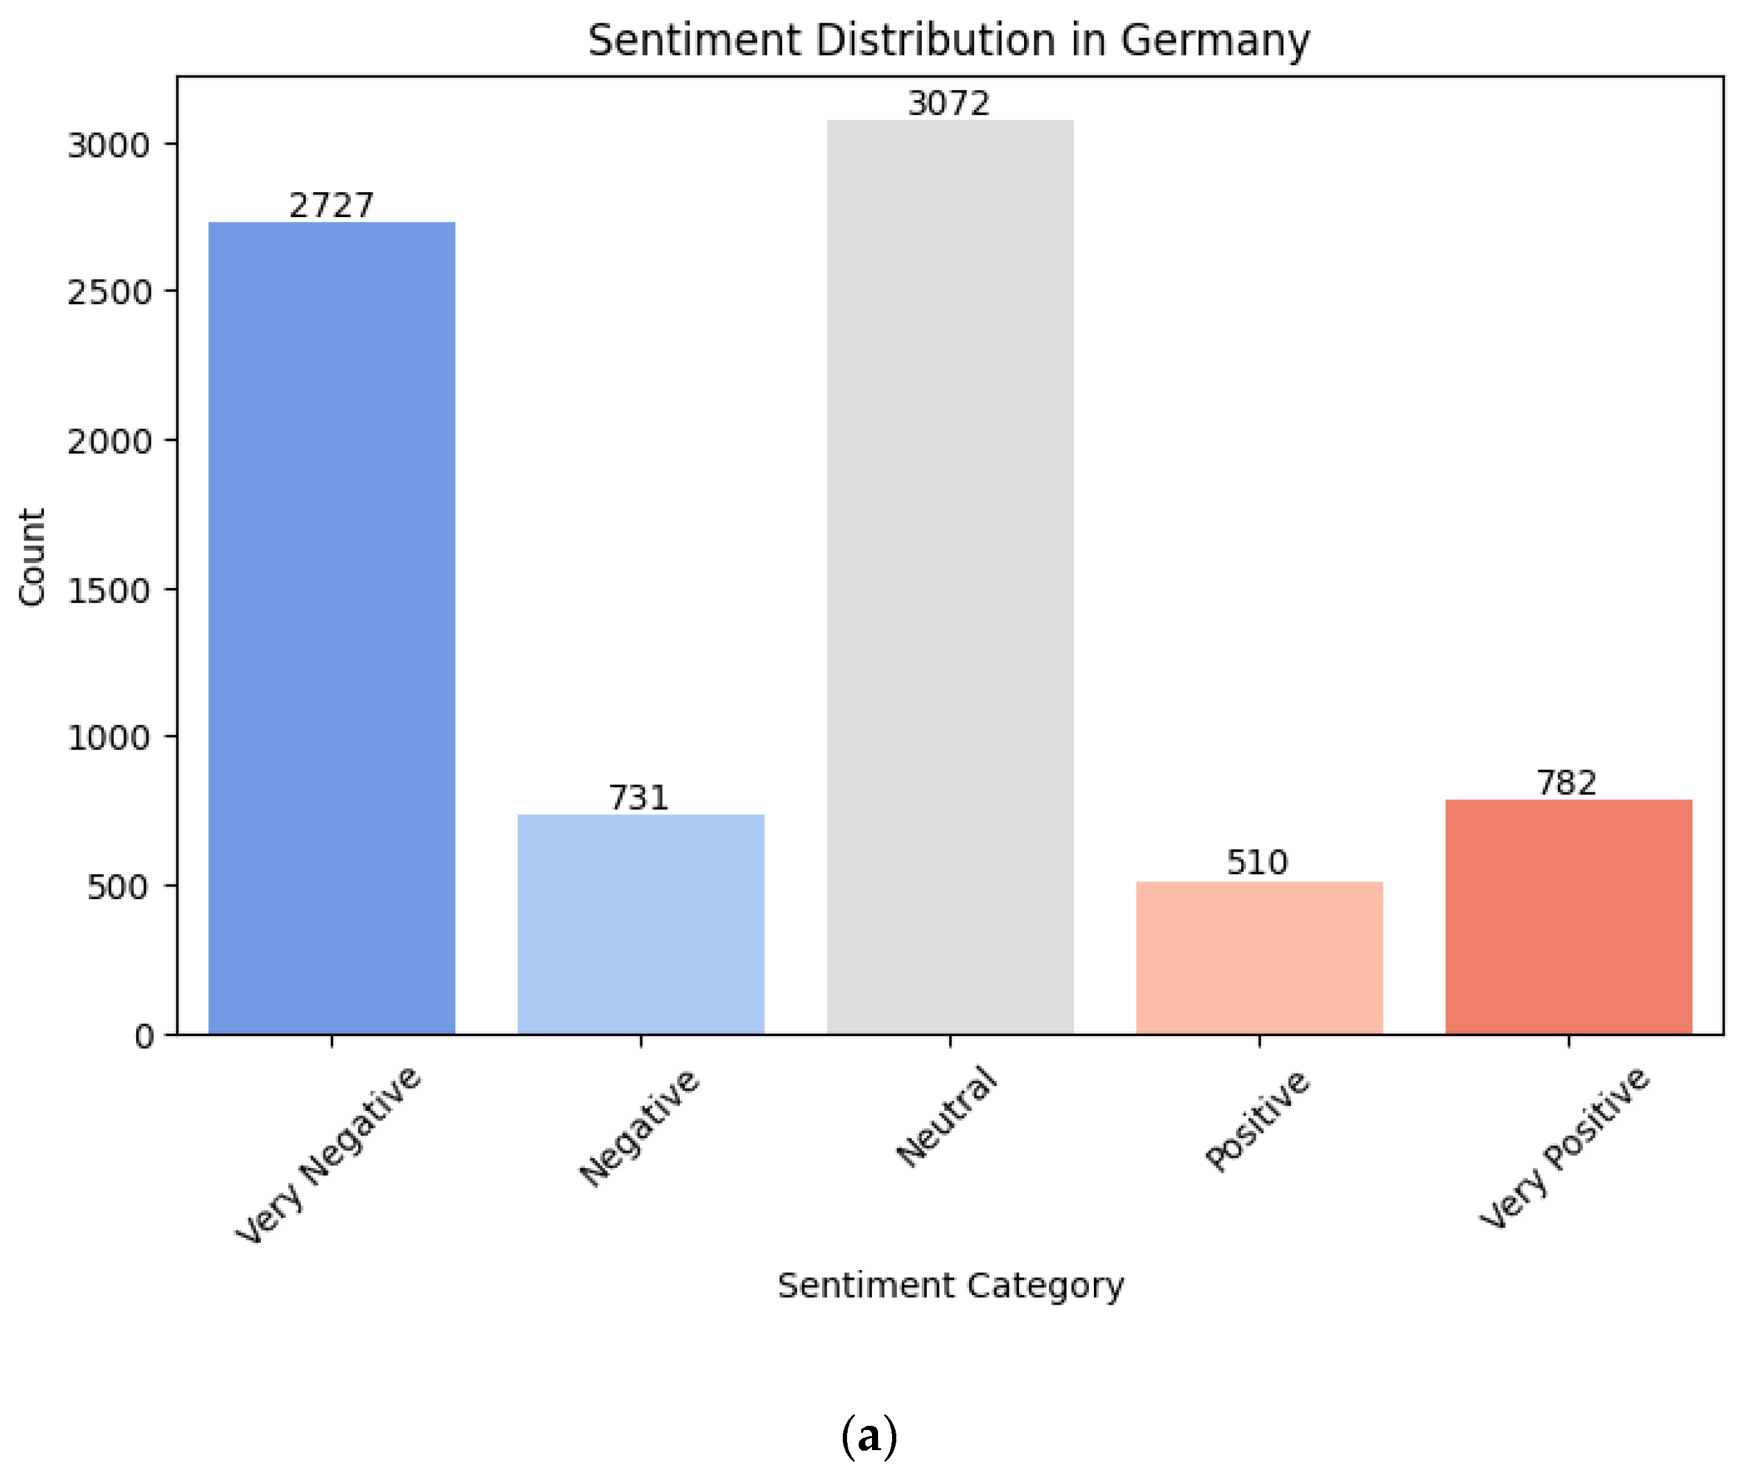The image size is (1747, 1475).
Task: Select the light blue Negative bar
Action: pos(640,924)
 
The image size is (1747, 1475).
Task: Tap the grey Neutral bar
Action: pos(950,577)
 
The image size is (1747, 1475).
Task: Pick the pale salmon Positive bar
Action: pos(1259,958)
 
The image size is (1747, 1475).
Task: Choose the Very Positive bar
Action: pos(1568,916)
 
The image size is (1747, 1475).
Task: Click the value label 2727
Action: pos(331,206)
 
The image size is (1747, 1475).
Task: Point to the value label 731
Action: pos(639,798)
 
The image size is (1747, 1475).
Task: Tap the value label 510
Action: pos(1257,862)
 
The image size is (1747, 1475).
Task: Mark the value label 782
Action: pos(1566,782)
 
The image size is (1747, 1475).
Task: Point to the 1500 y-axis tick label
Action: pos(109,591)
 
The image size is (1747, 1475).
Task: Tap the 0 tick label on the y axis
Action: pos(144,1037)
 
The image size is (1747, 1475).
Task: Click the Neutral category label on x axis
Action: pos(947,1117)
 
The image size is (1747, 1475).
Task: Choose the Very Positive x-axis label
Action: pos(1564,1147)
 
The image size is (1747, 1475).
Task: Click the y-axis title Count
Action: pos(32,557)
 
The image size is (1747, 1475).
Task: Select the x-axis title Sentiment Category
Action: pos(950,1285)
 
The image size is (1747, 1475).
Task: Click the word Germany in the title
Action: pos(1214,40)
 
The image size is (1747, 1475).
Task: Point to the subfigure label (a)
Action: pos(869,1437)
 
